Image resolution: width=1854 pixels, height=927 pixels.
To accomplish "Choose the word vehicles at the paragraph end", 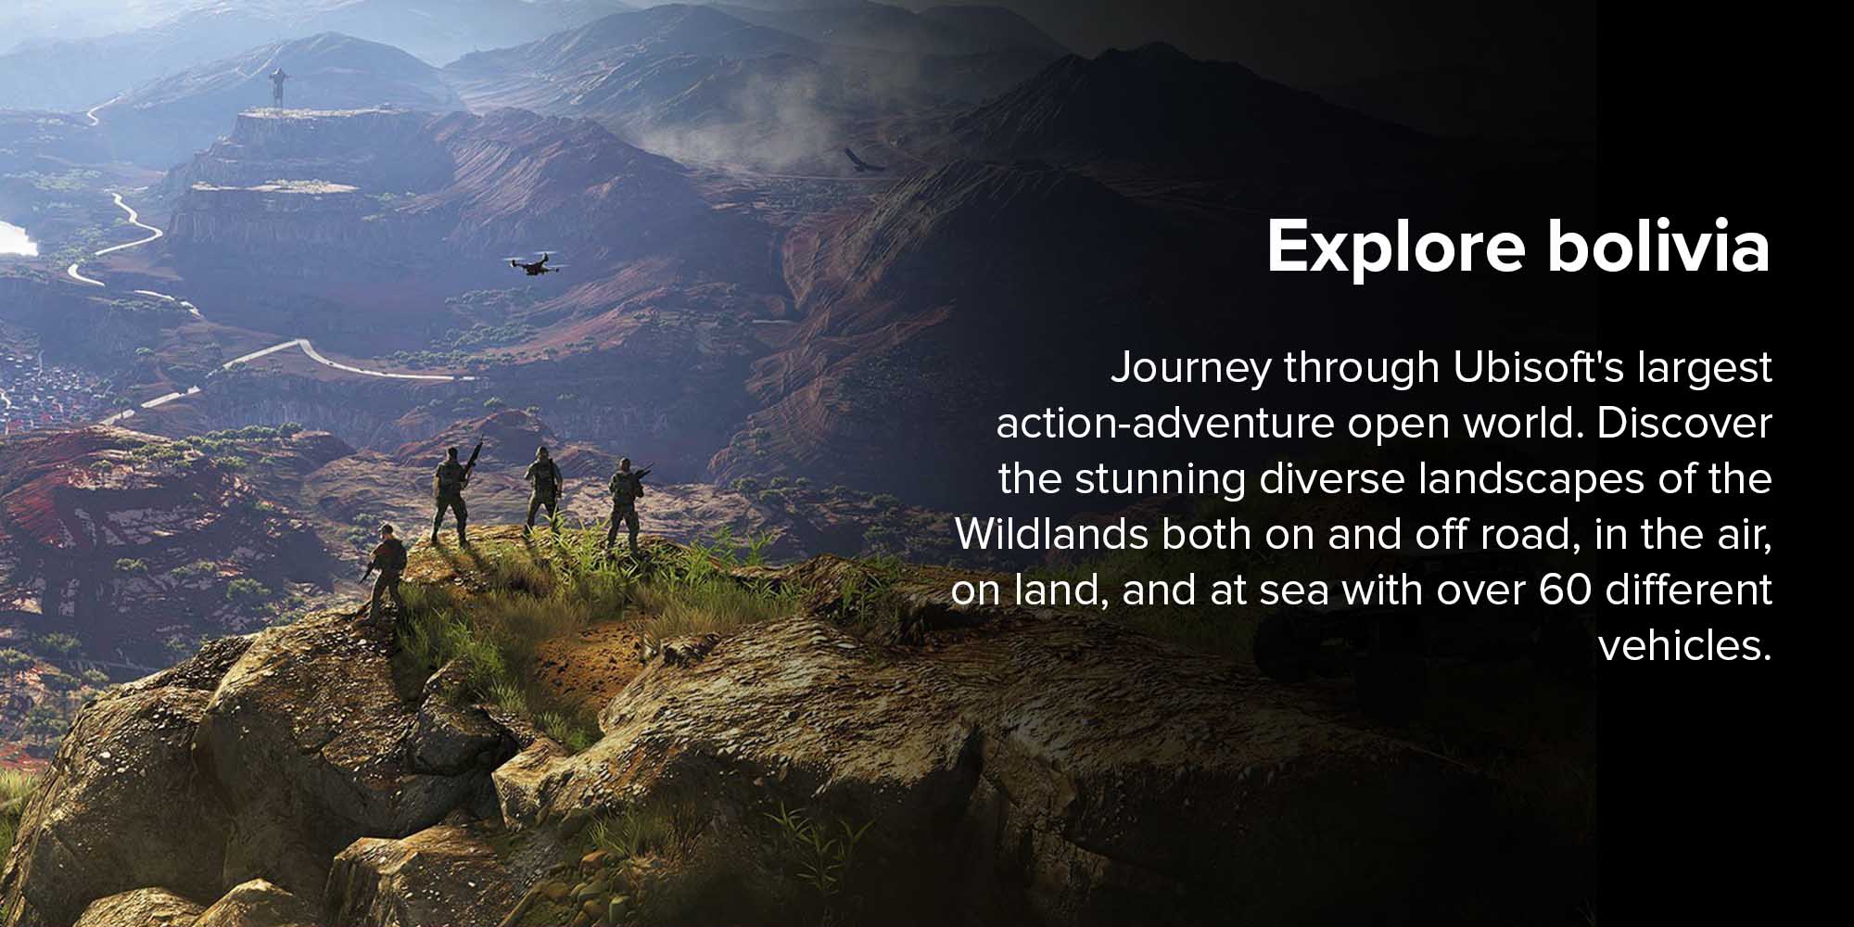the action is coord(1680,646).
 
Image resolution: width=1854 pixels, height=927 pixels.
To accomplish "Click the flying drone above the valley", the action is coord(536,264).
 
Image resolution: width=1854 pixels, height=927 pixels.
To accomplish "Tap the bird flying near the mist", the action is coord(861,161).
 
